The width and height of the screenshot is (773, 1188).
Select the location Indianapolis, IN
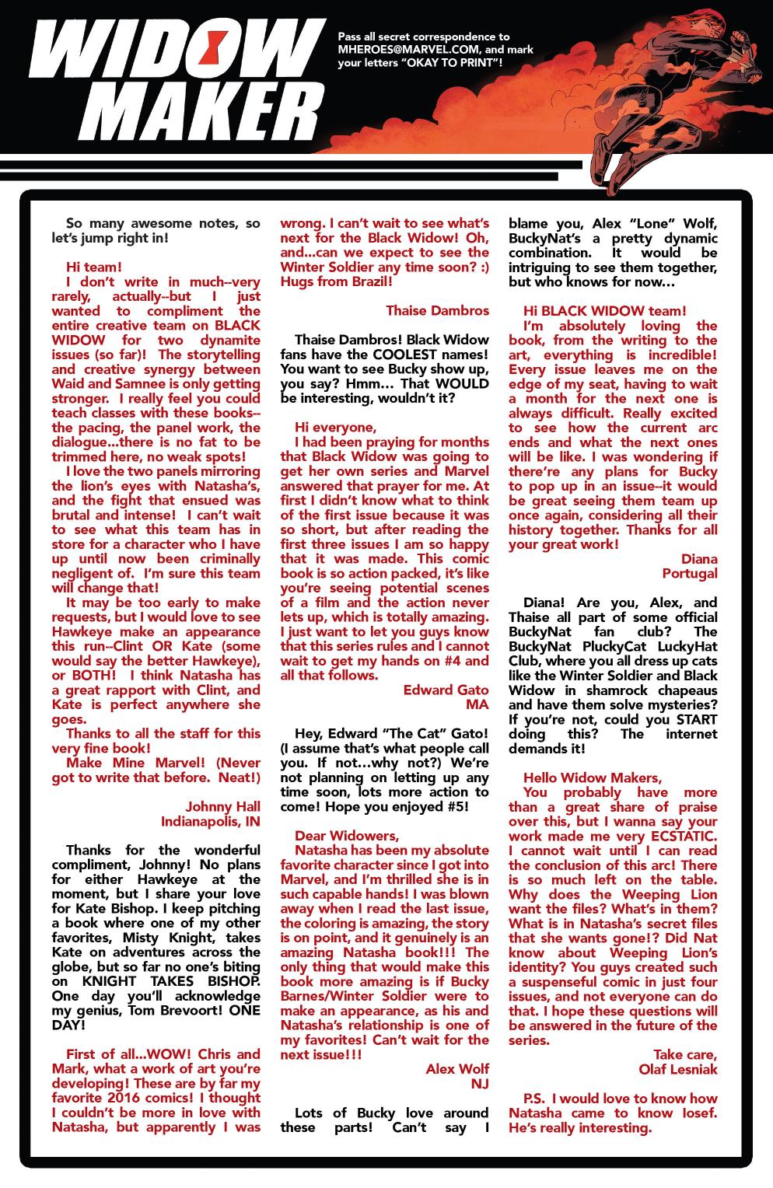pos(211,821)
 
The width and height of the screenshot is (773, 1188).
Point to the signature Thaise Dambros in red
pos(437,310)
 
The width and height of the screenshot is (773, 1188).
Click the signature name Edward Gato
pos(446,690)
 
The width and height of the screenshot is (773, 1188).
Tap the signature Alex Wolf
pos(457,1069)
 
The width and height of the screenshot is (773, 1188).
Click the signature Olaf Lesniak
pos(678,1069)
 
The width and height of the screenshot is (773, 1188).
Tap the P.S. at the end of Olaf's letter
pos(534,1099)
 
